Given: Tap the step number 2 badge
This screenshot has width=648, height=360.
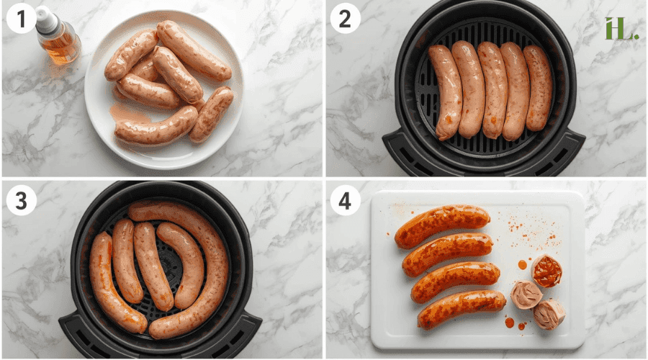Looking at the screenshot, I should (x=346, y=19).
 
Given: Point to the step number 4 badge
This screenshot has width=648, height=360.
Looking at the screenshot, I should (x=346, y=201).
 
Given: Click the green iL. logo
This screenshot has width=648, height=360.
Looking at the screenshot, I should (x=621, y=28).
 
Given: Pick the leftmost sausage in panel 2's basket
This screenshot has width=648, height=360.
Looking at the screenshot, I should (x=445, y=92).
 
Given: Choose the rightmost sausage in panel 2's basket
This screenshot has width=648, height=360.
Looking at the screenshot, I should (x=539, y=88).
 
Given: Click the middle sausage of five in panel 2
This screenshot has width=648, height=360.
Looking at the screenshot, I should (x=493, y=90).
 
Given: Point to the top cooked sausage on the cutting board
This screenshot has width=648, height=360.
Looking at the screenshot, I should (x=441, y=225).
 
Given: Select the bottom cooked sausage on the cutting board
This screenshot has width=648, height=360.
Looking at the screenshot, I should (x=461, y=309).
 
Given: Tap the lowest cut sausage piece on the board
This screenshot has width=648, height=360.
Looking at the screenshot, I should (x=549, y=315).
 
